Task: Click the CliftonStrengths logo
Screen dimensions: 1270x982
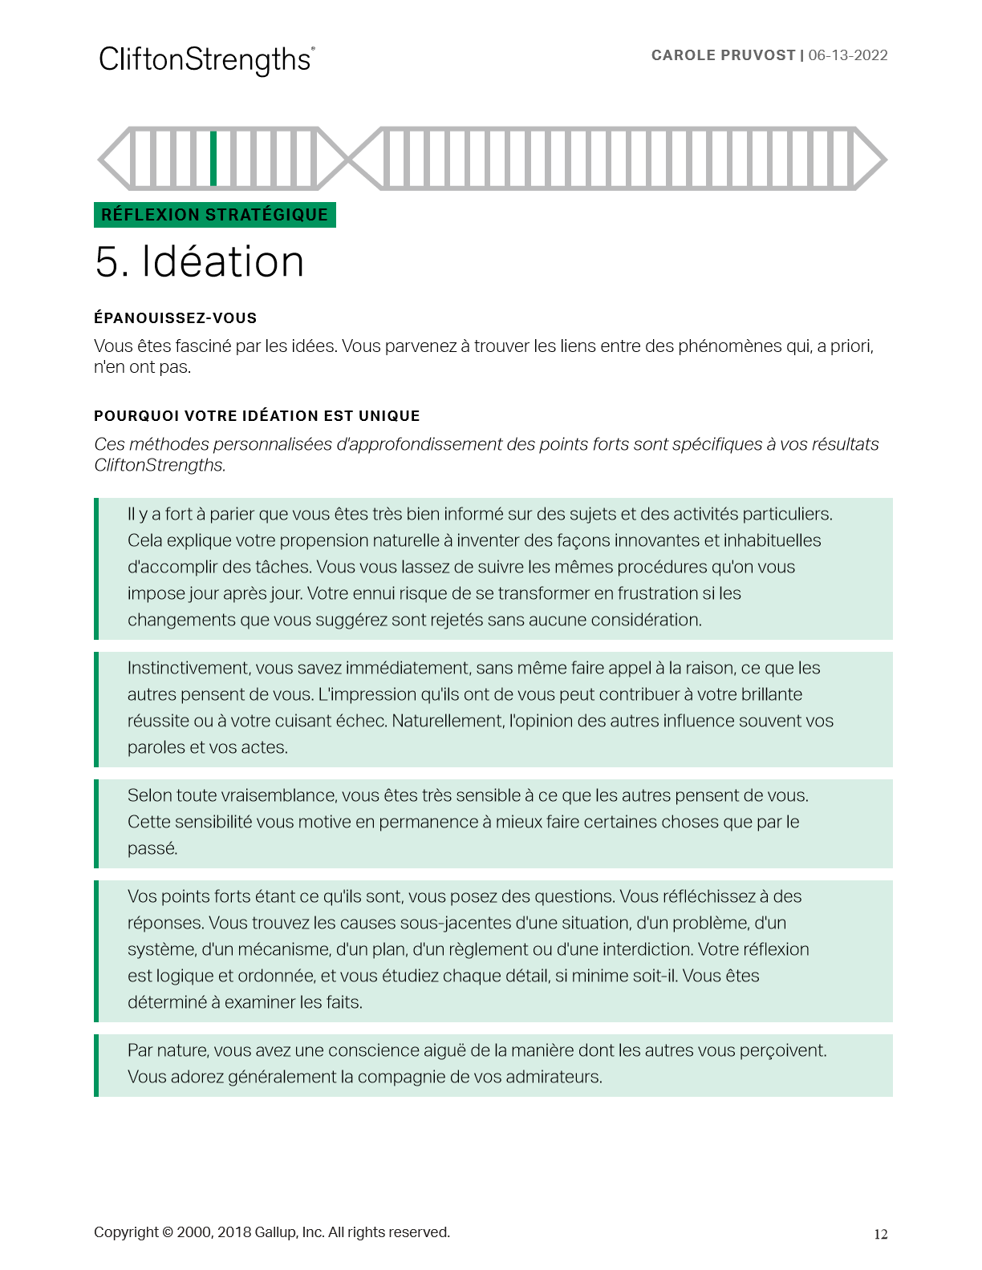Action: (x=206, y=60)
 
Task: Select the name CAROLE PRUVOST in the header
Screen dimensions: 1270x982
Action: (x=723, y=55)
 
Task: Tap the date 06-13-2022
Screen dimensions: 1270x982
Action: (x=848, y=55)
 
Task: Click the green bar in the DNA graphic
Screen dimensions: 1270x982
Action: (x=213, y=159)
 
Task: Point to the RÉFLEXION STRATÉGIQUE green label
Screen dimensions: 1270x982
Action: (x=214, y=215)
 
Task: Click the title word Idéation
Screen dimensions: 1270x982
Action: (x=223, y=262)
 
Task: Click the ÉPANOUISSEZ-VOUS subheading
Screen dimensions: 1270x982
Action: (x=175, y=318)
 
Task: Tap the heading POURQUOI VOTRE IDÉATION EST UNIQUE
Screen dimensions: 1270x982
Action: (x=257, y=416)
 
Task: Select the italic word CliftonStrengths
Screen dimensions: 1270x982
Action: (x=160, y=465)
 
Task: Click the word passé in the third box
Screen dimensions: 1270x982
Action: (x=152, y=848)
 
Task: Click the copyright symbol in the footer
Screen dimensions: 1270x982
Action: (x=168, y=1232)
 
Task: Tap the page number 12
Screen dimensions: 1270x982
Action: (x=880, y=1235)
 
